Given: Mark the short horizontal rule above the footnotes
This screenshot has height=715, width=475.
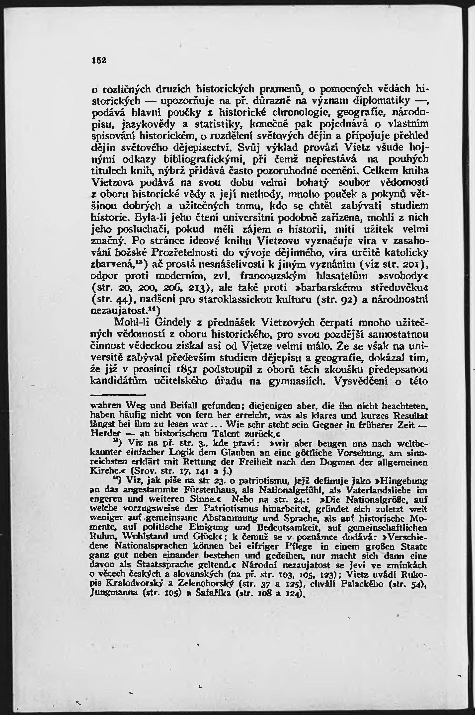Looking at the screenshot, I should (118, 395).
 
